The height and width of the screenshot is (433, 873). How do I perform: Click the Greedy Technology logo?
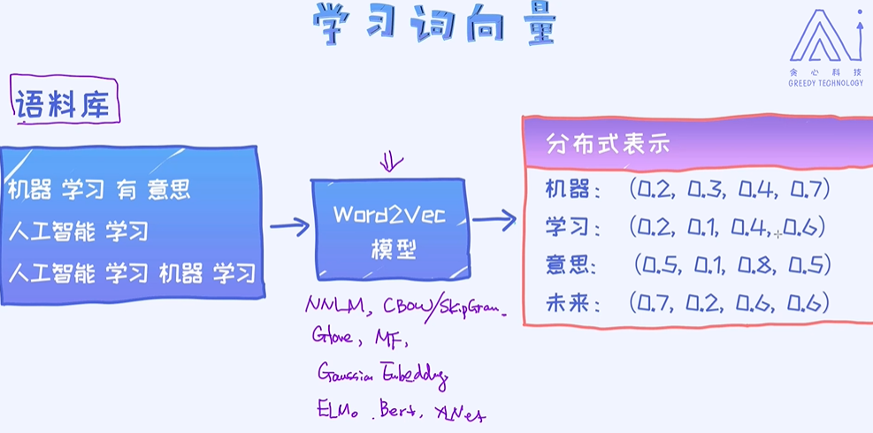click(x=825, y=49)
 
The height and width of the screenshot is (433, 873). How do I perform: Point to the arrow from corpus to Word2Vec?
click(x=288, y=227)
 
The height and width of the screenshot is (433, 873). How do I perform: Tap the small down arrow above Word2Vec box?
click(x=390, y=163)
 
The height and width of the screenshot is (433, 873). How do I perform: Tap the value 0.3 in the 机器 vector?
click(x=704, y=188)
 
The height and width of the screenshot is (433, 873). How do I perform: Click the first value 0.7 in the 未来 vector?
click(x=654, y=304)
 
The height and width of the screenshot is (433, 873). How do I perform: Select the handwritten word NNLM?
click(x=328, y=306)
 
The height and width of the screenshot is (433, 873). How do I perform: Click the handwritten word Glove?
click(x=332, y=337)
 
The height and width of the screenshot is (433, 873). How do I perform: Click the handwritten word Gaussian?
click(x=348, y=374)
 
